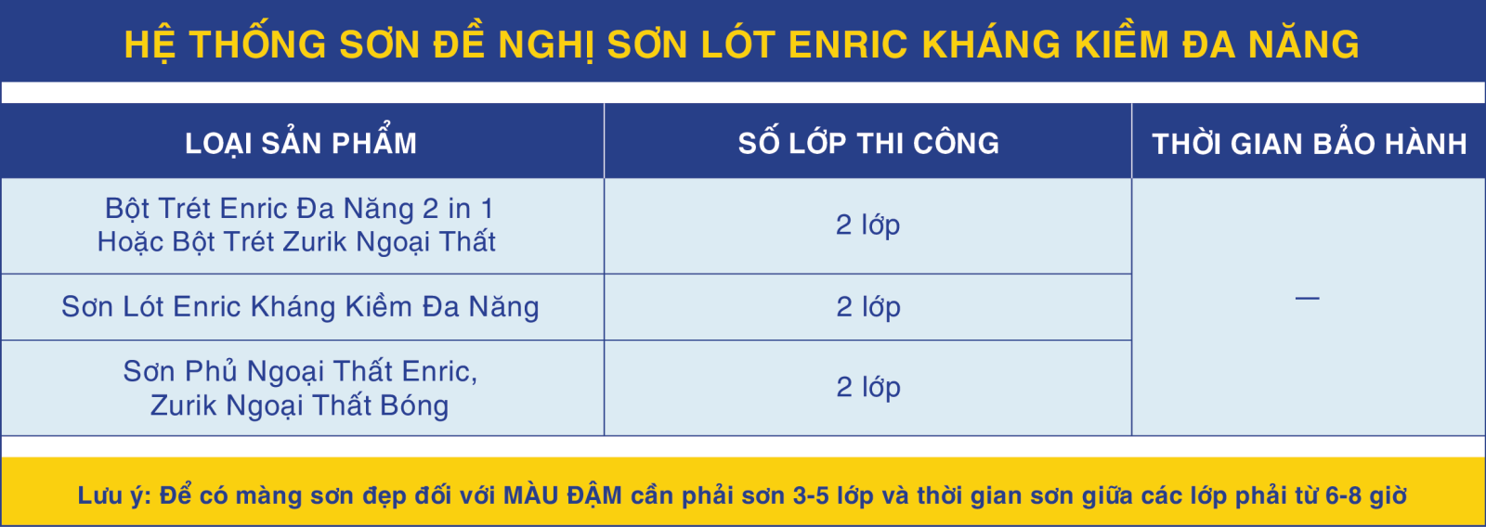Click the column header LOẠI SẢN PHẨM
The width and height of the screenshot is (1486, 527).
point(301,142)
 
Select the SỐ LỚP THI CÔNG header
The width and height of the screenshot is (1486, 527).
point(868,142)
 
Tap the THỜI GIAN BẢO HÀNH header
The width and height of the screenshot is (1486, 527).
point(1310,143)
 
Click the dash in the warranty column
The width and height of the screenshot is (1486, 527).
point(1307,299)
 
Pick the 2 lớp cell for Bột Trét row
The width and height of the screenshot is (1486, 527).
point(867,225)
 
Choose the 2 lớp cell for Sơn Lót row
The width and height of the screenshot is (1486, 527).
point(867,306)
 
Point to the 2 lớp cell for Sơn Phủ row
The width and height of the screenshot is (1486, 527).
point(867,387)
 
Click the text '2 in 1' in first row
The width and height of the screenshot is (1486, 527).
point(458,209)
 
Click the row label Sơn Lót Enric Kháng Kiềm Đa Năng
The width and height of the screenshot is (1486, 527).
point(300,306)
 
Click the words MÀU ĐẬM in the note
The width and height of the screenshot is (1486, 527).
point(563,495)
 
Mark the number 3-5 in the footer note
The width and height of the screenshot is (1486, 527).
point(812,495)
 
